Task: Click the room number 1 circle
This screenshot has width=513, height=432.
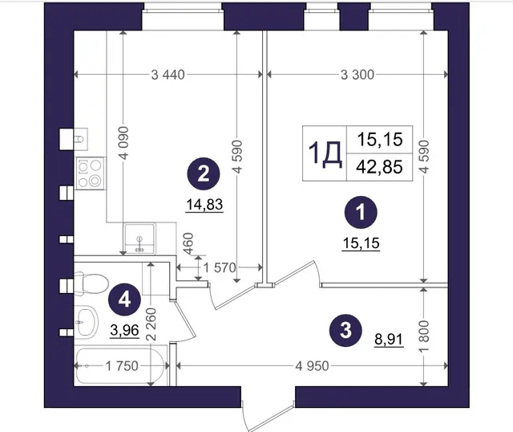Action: [x=361, y=212]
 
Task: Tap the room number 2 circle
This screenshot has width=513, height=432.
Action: [x=204, y=173]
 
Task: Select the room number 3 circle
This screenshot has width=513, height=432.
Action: [x=345, y=330]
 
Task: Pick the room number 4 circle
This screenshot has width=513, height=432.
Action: [x=125, y=300]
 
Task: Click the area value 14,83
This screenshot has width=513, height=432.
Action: [x=204, y=205]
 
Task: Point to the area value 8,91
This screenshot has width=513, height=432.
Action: [x=389, y=339]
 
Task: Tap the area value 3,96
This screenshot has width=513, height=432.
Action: [x=125, y=330]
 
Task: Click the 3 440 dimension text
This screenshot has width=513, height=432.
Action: [x=168, y=75]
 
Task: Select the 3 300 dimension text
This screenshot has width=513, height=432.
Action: [x=357, y=75]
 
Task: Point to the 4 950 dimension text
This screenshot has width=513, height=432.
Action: [x=312, y=366]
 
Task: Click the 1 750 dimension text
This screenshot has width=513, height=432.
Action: [x=122, y=366]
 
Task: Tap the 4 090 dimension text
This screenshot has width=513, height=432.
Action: [x=124, y=143]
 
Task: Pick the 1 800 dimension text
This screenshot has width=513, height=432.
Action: [x=423, y=336]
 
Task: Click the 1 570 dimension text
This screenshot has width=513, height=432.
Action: [x=219, y=267]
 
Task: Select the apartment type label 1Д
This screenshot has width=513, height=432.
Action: [x=325, y=153]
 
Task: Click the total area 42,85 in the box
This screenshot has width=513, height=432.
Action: [x=379, y=167]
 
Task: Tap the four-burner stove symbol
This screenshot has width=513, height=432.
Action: [x=91, y=173]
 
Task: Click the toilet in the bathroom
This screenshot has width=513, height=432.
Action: [x=91, y=283]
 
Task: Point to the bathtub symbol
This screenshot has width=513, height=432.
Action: [x=120, y=366]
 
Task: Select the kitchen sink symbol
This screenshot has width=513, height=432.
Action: [x=139, y=238]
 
